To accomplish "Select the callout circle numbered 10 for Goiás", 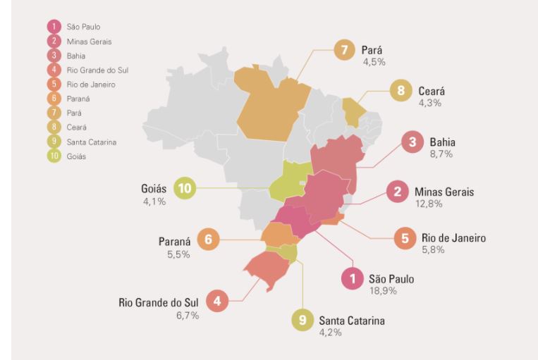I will pyautogui.click(x=185, y=188).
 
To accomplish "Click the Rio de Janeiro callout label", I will pyautogui.click(x=453, y=238).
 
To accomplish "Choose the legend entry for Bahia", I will pyautogui.click(x=75, y=55).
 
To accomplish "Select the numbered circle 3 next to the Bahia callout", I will pyautogui.click(x=411, y=143).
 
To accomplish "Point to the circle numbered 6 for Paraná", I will pyautogui.click(x=208, y=240).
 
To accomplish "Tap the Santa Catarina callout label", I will pyautogui.click(x=352, y=321).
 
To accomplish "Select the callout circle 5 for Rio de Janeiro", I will pyautogui.click(x=405, y=238).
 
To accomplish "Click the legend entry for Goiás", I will pyautogui.click(x=76, y=156).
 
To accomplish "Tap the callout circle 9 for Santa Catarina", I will pyautogui.click(x=302, y=321).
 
